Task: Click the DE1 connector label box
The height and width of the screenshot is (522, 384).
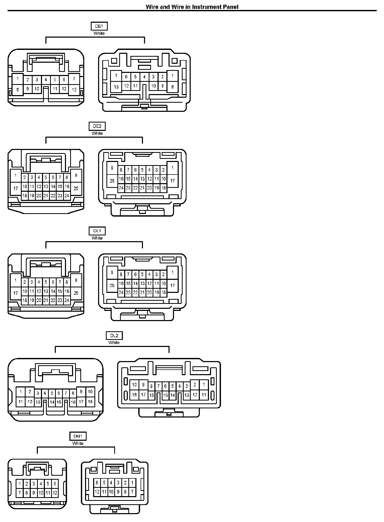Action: coord(99,26)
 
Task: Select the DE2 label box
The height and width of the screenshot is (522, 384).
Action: coord(97,126)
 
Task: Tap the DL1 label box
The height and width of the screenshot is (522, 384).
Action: coord(97,231)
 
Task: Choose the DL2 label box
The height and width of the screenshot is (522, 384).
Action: coord(114,336)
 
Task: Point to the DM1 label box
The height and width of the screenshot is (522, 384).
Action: coord(78,436)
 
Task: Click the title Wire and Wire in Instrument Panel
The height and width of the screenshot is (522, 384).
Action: coord(192,7)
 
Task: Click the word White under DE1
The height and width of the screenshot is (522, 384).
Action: coord(99,33)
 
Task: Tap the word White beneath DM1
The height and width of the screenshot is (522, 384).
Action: coord(78,443)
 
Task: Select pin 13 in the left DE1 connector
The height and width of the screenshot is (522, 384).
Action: coord(74,90)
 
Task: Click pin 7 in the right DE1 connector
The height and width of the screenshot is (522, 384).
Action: coord(116,76)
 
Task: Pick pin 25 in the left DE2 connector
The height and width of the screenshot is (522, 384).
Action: coord(76,188)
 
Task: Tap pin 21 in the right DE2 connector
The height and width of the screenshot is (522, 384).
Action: coord(142,188)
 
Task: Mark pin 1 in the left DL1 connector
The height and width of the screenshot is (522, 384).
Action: coord(16,280)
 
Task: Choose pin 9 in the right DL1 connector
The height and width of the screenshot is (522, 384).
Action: coord(112,272)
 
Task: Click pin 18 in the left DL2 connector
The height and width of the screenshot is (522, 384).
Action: coord(90,402)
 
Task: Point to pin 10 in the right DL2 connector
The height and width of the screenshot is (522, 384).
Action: coord(134,385)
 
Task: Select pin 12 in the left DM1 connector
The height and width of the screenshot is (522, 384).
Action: coord(55,493)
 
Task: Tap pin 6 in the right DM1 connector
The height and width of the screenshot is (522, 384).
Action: coord(97,483)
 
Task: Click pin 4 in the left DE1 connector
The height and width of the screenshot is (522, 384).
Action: coord(46,80)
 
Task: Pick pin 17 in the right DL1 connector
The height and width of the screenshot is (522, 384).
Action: coord(172,285)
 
